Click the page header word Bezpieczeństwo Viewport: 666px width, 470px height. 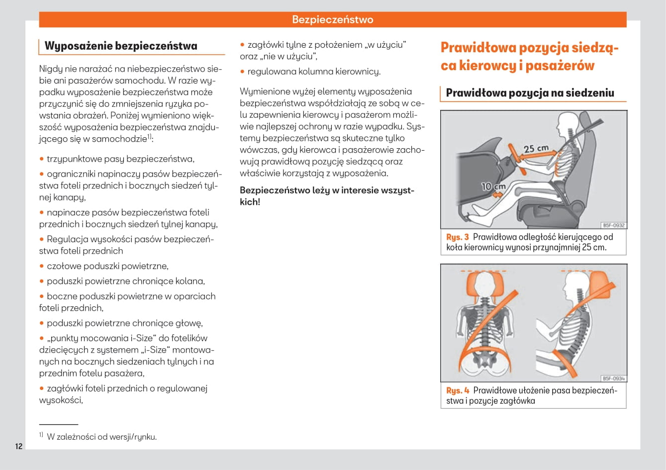(332, 20)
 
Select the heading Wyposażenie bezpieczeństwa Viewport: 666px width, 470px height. (121, 46)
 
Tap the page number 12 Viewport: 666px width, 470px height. (18, 446)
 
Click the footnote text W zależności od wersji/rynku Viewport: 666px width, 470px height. (101, 437)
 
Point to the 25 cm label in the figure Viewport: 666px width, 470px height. (536, 149)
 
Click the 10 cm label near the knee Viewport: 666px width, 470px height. (493, 187)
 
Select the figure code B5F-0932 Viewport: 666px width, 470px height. (613, 225)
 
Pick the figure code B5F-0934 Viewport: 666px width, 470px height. (613, 378)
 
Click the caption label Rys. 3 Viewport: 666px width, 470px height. (457, 237)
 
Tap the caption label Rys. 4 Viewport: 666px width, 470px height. (458, 391)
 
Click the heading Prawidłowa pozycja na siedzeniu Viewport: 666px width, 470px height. (530, 93)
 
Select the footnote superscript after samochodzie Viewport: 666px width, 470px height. (149, 137)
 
